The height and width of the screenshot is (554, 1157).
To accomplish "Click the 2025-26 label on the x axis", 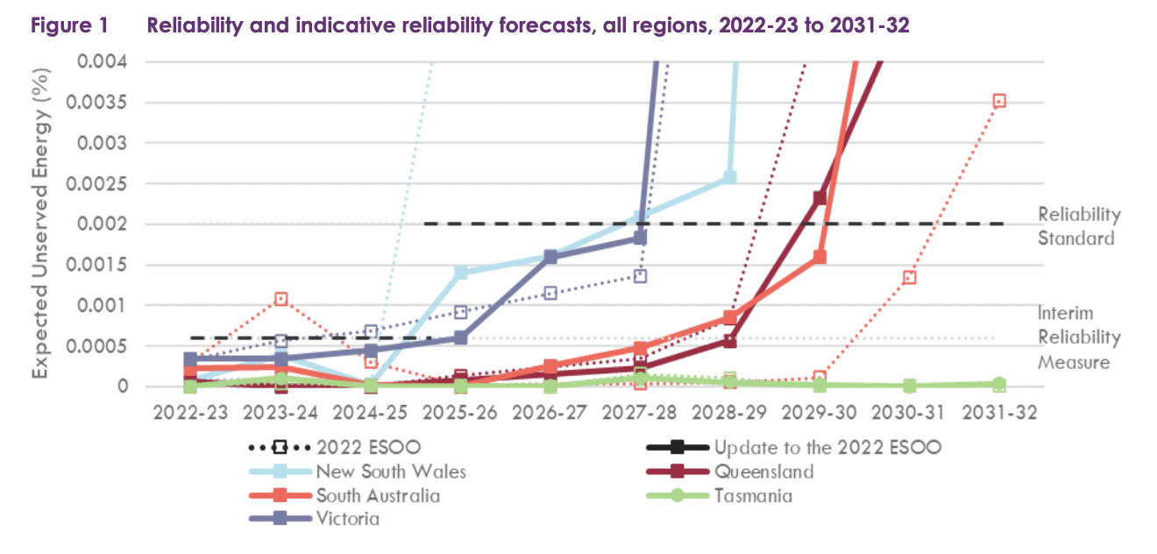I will (460, 413).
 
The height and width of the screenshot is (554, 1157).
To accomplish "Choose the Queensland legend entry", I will (763, 472).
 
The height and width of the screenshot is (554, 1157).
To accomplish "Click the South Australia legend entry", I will (377, 496).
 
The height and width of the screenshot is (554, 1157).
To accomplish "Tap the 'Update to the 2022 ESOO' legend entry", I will (827, 448).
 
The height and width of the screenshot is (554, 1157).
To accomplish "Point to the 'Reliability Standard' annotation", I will (1078, 226).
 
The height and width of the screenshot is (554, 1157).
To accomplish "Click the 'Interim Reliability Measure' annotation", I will (1078, 337).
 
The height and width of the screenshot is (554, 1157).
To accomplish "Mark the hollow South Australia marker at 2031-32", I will (998, 102).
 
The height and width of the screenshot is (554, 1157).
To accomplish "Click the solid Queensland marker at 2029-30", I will (819, 198).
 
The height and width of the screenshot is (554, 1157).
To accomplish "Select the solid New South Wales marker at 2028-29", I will (729, 177).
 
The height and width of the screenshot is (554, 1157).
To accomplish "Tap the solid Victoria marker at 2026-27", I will (550, 257).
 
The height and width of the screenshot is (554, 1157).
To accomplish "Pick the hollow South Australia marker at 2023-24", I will (281, 299).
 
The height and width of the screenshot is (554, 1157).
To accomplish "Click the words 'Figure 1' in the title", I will (69, 25).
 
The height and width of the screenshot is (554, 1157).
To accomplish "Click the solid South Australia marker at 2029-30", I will (820, 257).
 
